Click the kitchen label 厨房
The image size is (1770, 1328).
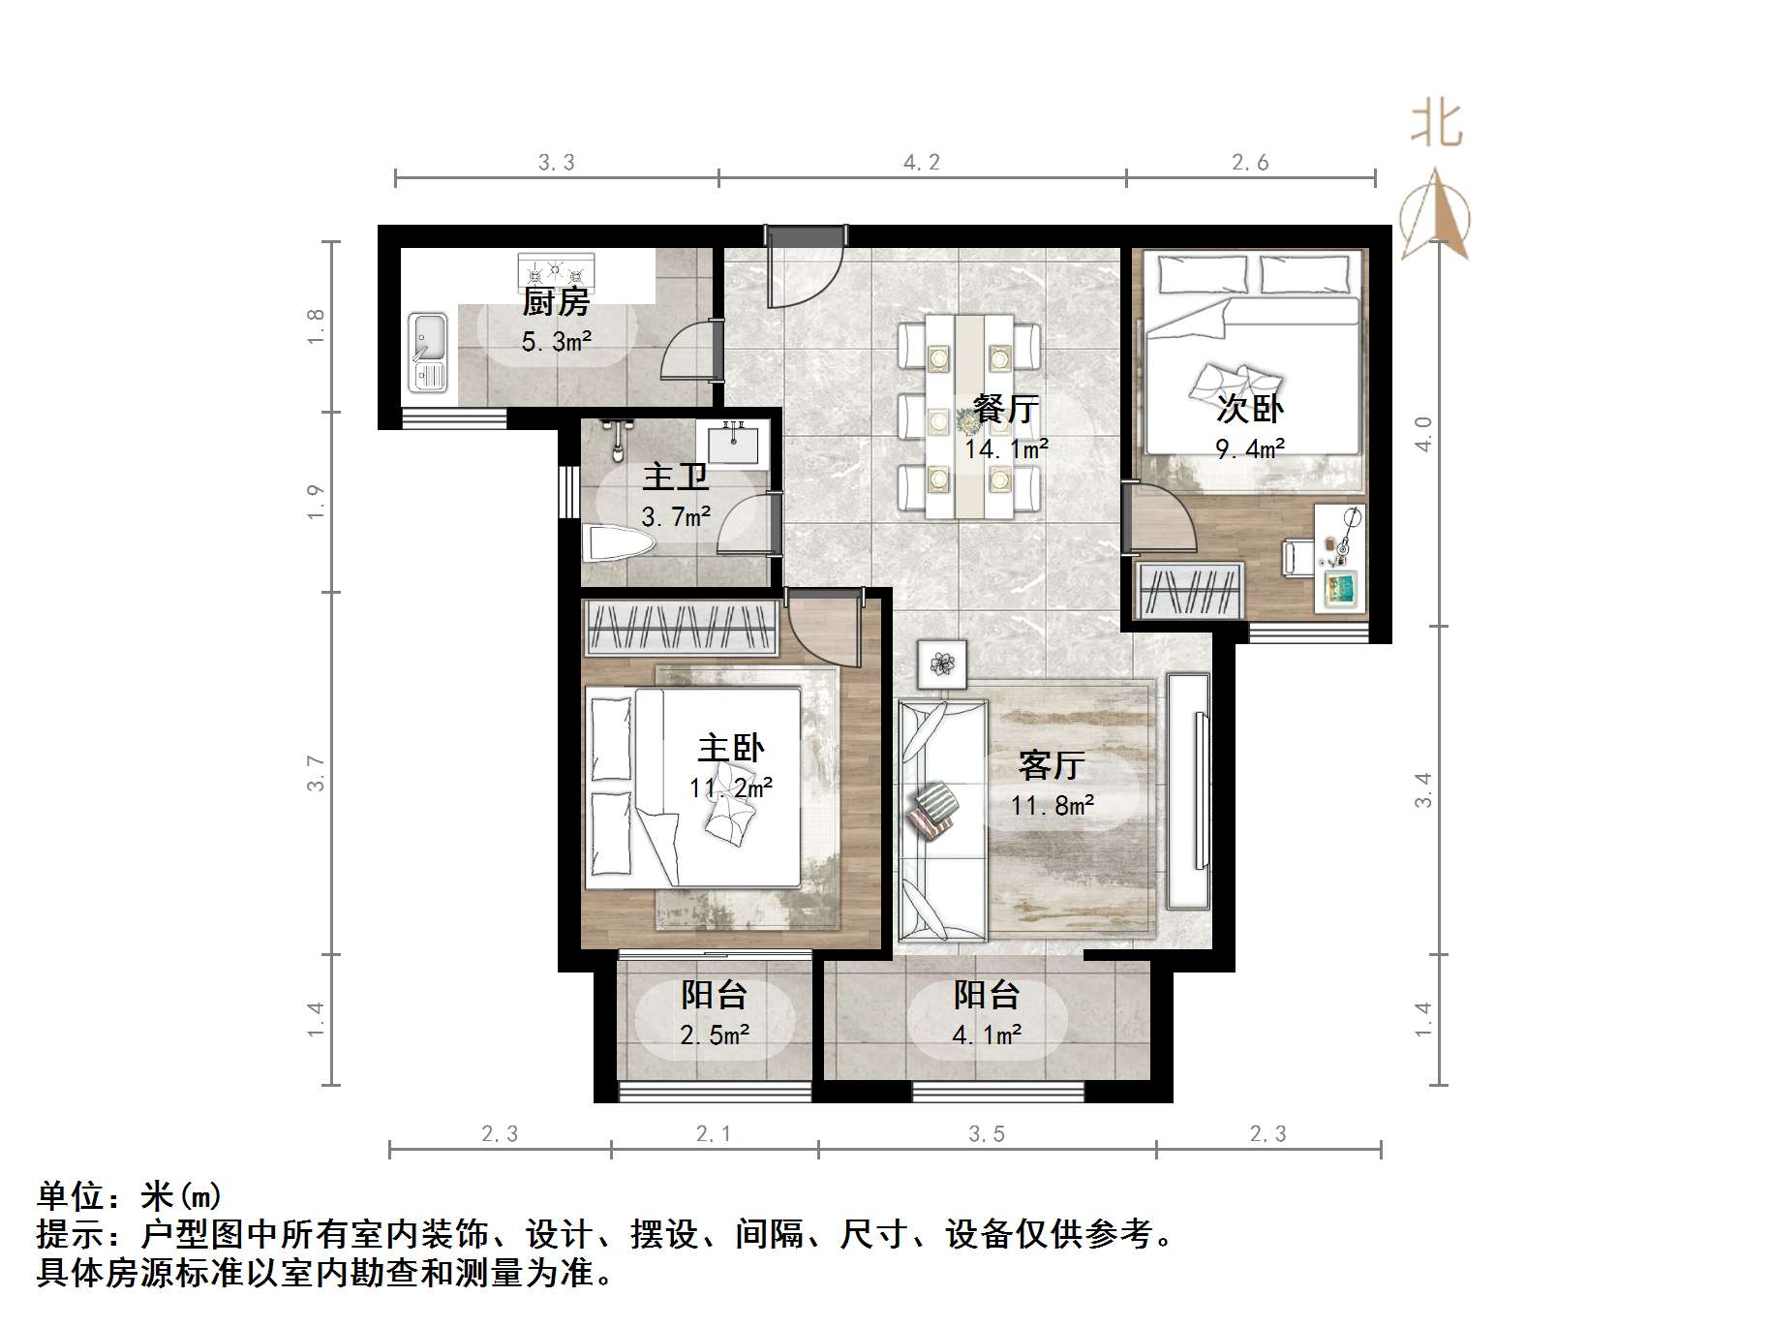556,302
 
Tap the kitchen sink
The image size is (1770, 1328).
427,352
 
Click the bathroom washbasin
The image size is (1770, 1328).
737,443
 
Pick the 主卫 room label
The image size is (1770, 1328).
675,477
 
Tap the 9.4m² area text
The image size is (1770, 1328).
1250,448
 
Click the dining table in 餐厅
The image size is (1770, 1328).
969,415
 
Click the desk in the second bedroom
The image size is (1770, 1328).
1341,557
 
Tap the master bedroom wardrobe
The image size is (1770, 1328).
682,628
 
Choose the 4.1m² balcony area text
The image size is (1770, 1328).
987,1035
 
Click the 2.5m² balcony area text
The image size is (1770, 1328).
715,1035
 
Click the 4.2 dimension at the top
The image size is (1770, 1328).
921,162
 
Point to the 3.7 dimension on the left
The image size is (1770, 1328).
316,772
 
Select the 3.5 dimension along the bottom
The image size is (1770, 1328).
987,1133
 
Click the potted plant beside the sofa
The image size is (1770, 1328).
942,664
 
